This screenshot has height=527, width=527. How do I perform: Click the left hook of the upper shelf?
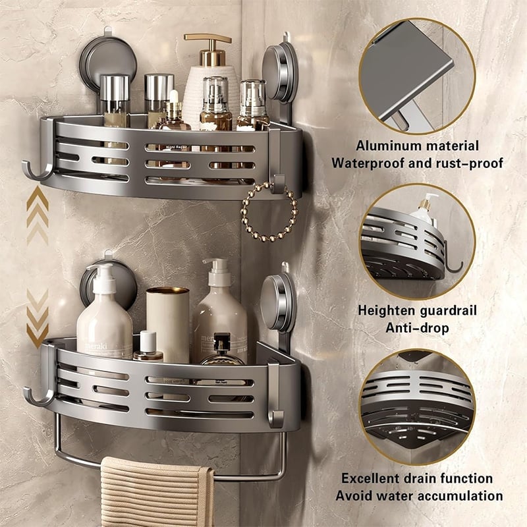pyautogui.click(x=37, y=170)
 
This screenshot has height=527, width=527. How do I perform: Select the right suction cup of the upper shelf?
pyautogui.click(x=279, y=72)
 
